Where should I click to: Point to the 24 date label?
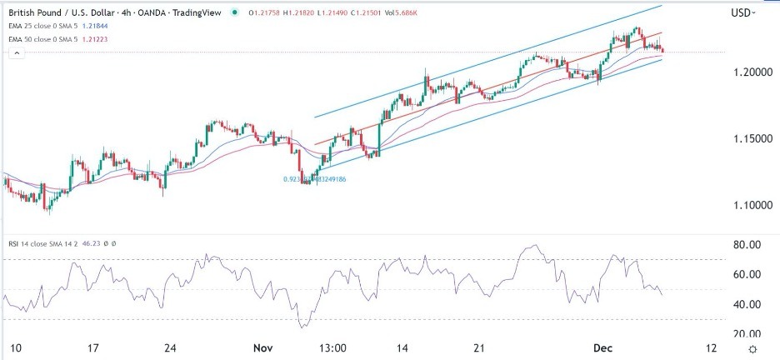(171, 347)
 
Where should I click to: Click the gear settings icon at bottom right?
(752, 348)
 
